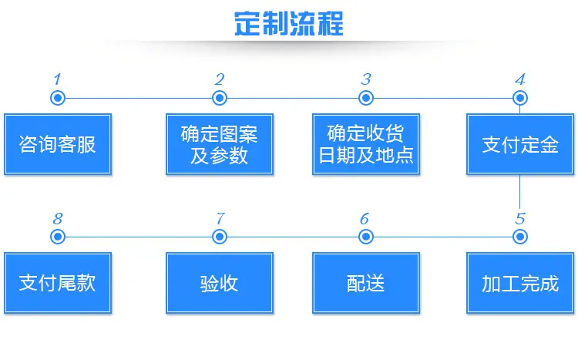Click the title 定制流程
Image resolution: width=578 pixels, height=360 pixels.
[289, 24]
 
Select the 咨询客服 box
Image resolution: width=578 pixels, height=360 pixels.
[58, 144]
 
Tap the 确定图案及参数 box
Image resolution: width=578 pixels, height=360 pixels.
[220, 144]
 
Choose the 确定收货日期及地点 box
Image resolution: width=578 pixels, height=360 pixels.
[365, 144]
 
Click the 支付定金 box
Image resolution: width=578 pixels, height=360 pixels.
[520, 144]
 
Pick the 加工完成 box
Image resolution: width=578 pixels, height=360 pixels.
[520, 283]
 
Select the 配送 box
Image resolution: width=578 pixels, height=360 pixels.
[365, 283]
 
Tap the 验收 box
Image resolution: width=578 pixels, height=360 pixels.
[220, 283]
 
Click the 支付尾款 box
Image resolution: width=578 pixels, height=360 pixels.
[58, 283]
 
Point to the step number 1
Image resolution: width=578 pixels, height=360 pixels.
[57, 79]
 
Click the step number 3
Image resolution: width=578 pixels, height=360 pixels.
[365, 79]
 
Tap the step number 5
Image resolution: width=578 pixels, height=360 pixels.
[520, 219]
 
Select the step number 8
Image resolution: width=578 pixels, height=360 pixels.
[58, 219]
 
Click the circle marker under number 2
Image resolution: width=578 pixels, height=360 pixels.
[220, 98]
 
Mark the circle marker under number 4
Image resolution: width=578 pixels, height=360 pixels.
[520, 98]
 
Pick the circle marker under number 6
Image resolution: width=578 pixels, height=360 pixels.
[365, 237]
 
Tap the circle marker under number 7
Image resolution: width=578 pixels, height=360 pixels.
[220, 237]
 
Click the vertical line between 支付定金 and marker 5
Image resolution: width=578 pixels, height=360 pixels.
[520, 192]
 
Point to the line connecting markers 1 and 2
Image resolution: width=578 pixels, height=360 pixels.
[139, 99]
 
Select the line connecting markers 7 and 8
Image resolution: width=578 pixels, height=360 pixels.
[139, 237]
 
